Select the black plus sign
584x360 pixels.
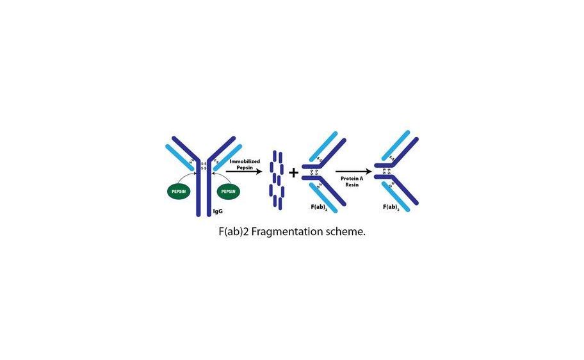[x=293, y=172]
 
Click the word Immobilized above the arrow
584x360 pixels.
[x=245, y=161]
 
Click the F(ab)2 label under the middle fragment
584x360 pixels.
[x=319, y=208]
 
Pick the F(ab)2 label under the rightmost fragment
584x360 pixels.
[x=391, y=208]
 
